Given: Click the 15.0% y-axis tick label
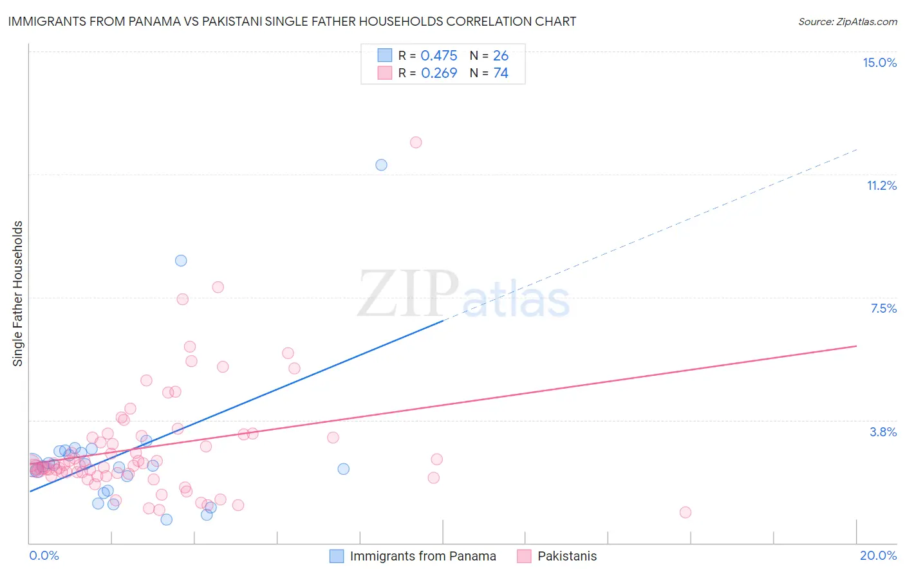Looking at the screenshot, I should click(879, 62).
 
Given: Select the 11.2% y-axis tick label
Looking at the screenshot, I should click(881, 185).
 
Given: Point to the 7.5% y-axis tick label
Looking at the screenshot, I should click(883, 308).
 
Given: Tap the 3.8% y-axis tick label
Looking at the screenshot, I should click(883, 432).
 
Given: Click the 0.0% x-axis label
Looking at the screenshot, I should click(44, 555).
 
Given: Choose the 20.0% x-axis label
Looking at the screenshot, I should click(878, 555).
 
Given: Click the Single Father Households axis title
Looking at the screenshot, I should click(17, 293).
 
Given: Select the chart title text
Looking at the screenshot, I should click(292, 21).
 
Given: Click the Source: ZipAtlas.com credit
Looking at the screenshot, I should click(847, 21).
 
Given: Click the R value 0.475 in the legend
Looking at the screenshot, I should click(439, 55).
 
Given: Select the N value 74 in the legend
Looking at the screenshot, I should click(501, 73).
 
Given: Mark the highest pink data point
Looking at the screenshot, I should click(416, 142).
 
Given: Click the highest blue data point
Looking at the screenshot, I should click(381, 165).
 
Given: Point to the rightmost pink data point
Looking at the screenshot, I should click(686, 512).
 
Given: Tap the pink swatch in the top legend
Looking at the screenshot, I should click(385, 73).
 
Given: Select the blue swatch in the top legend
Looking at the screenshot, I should click(385, 55).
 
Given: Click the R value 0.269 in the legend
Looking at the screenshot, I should click(439, 73).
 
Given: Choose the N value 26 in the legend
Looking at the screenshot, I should click(501, 55).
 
